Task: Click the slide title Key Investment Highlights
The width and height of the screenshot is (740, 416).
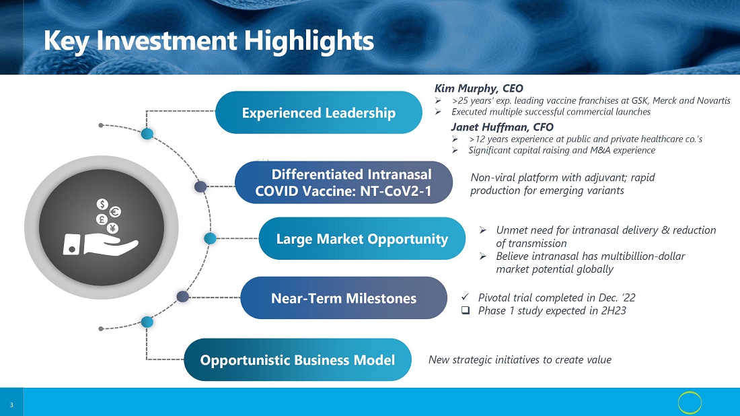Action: [x=209, y=40]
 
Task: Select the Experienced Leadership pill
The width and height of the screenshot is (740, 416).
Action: [x=319, y=112]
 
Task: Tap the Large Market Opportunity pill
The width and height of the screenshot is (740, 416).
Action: [x=362, y=238]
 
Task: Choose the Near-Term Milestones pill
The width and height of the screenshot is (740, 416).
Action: [x=344, y=298]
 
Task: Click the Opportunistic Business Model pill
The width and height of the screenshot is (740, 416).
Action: [x=297, y=360]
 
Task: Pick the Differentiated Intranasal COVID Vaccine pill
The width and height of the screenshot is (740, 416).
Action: [x=344, y=182]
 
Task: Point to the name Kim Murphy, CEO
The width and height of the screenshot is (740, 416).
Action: [x=478, y=88]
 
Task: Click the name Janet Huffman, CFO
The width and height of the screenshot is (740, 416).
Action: [x=502, y=127]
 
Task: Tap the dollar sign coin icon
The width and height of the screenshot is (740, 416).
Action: [x=102, y=204]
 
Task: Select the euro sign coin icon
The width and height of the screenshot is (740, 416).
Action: [x=115, y=212]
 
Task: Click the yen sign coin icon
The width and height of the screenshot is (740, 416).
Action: [x=112, y=229]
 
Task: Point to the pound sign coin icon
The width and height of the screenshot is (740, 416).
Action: [x=101, y=219]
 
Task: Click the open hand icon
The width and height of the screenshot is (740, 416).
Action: [x=101, y=244]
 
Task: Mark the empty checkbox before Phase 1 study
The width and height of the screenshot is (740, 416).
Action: [x=466, y=310]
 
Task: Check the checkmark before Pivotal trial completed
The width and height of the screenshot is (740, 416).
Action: [x=466, y=297]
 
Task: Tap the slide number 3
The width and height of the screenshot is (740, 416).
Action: [x=11, y=405]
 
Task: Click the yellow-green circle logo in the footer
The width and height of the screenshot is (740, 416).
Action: [x=690, y=403]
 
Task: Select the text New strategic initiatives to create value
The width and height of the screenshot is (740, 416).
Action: [x=519, y=360]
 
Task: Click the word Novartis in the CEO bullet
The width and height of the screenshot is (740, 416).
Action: [x=712, y=100]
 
